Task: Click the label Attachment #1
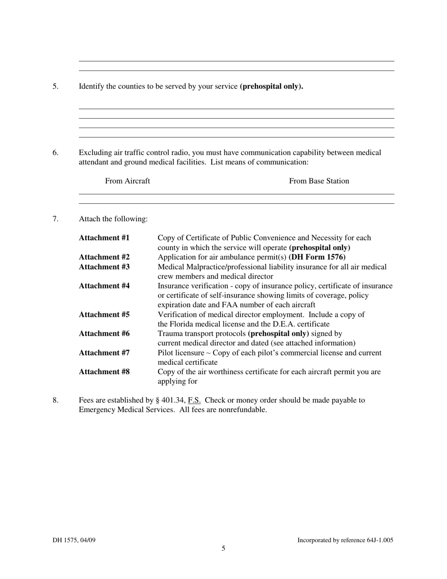pos(104,238)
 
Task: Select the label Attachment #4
pos(104,286)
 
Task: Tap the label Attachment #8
pos(104,372)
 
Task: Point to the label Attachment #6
pos(104,334)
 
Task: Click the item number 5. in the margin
pos(56,86)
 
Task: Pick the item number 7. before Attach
pos(56,219)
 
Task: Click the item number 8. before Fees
pos(56,400)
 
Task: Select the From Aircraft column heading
pos(128,181)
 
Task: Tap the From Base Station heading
pos(319,181)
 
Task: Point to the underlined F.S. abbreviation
pos(194,400)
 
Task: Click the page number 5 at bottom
pos(223,548)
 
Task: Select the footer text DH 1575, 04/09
pos(74,540)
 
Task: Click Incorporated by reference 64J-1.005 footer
pos(345,540)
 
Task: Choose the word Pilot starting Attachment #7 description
pos(166,353)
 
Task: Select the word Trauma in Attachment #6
pos(170,334)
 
